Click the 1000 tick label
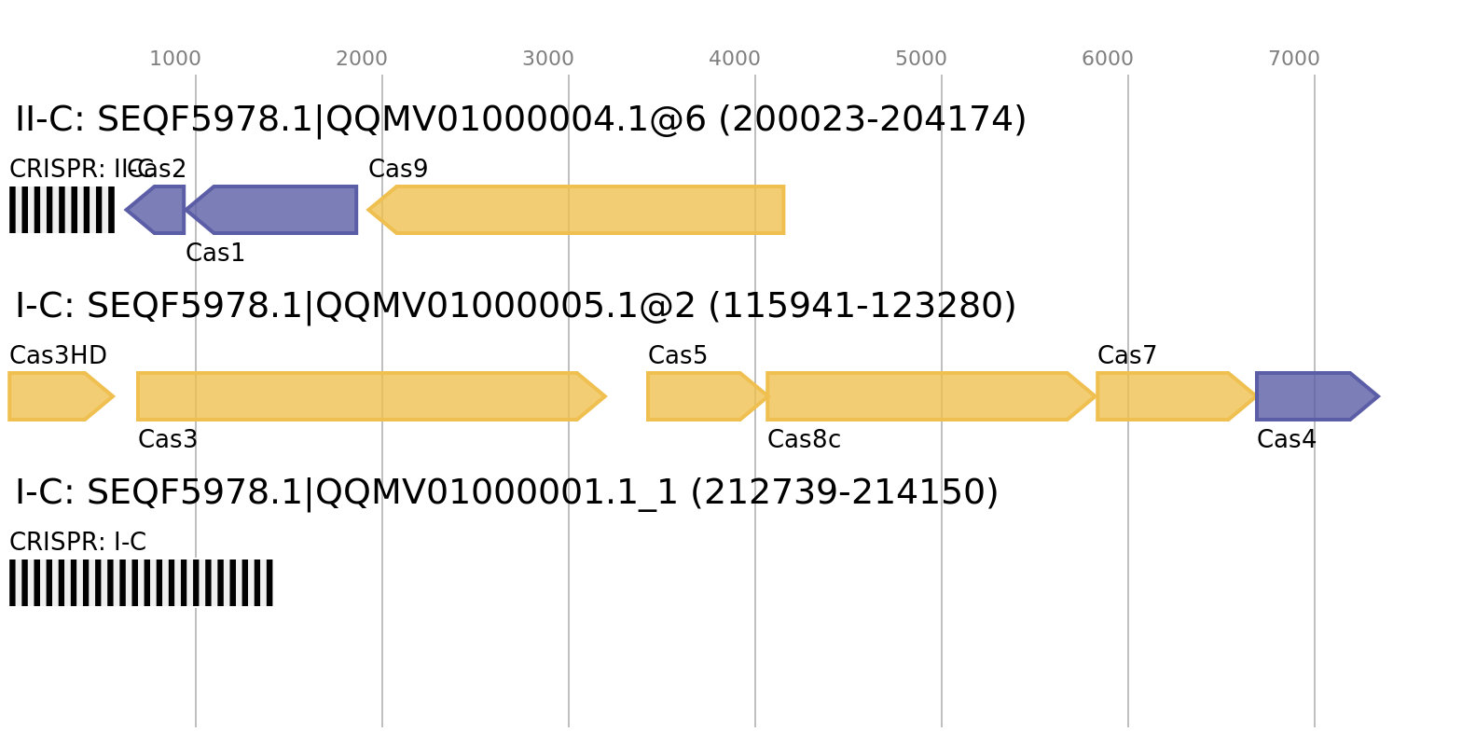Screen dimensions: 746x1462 point(175,59)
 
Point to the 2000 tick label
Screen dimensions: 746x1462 point(362,59)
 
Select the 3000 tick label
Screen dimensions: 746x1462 point(548,59)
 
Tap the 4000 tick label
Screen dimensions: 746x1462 point(735,59)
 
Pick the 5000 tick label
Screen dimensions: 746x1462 point(921,59)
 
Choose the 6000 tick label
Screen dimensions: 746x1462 point(1108,59)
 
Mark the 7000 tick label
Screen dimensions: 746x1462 point(1294,59)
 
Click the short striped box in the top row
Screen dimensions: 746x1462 point(62,210)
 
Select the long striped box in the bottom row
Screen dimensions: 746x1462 point(141,583)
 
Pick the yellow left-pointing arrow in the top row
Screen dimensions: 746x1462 point(578,210)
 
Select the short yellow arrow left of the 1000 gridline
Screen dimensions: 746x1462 point(56,396)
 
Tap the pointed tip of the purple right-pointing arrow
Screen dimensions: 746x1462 point(1378,396)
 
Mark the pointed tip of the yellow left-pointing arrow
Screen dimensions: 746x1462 point(369,210)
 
